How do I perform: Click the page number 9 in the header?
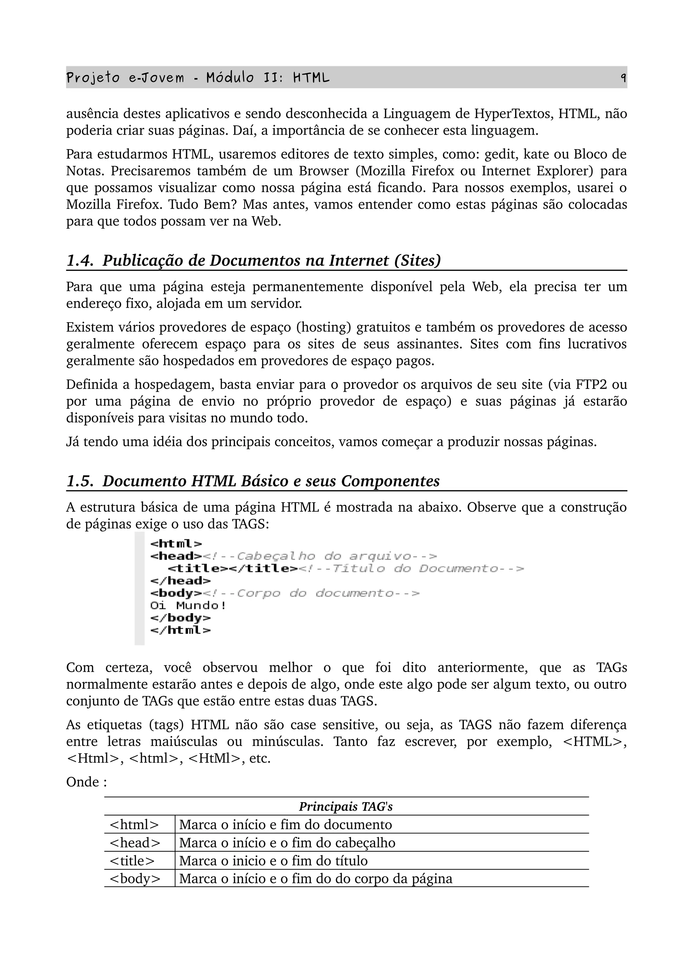623,78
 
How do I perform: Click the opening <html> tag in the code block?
176,544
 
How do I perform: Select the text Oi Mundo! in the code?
188,605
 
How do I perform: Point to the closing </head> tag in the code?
180,581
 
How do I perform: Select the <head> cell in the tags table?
135,843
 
